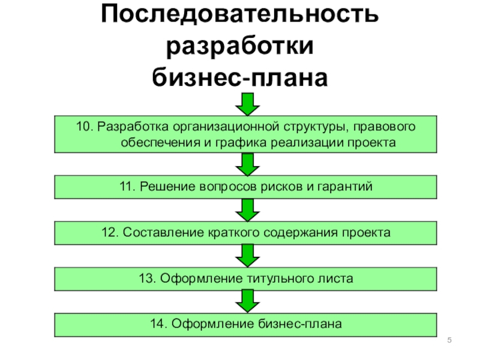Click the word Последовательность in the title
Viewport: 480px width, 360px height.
click(239, 15)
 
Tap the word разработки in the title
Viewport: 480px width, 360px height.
click(239, 46)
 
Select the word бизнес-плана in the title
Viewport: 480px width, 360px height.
click(239, 77)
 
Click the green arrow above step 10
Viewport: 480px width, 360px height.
click(247, 105)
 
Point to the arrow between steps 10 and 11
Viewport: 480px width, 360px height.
click(247, 164)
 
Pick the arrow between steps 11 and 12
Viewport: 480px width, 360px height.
click(247, 209)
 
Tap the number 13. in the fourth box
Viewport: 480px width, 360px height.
click(147, 278)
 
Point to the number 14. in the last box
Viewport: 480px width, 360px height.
click(159, 324)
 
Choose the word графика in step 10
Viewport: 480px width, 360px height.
click(247, 143)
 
